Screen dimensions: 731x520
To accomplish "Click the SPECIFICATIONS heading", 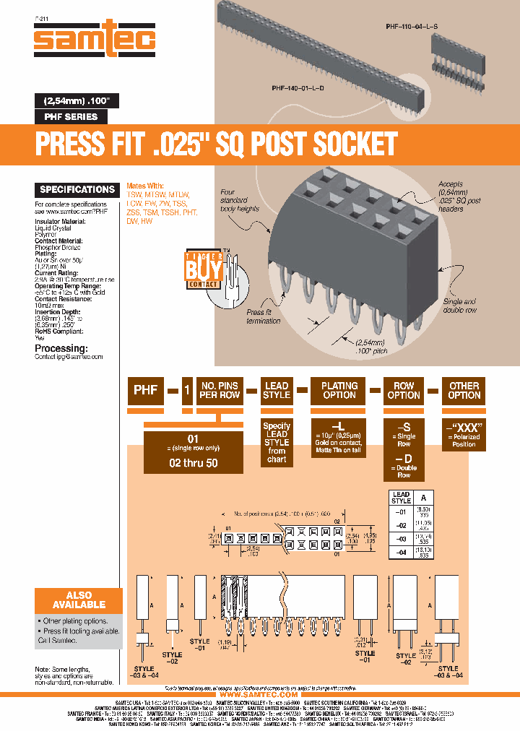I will tap(77, 190).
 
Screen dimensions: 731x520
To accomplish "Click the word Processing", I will tap(61, 347).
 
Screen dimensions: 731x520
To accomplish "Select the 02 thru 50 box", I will tap(193, 463).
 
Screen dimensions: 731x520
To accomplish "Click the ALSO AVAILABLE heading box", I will tap(74, 600).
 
